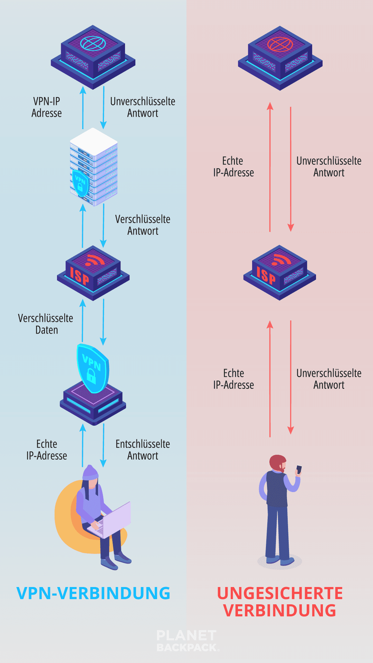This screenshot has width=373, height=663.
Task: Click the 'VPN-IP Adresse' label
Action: pyautogui.click(x=46, y=107)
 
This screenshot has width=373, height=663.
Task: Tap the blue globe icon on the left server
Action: pyautogui.click(x=93, y=44)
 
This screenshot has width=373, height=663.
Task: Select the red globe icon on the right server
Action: pyautogui.click(x=280, y=44)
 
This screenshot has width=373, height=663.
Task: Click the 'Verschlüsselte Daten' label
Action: pyautogui.click(x=46, y=324)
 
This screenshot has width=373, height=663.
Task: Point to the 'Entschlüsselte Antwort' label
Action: pyautogui.click(x=143, y=450)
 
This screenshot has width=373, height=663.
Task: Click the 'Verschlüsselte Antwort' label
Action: pyautogui.click(x=143, y=225)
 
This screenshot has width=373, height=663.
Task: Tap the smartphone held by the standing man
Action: pyautogui.click(x=299, y=470)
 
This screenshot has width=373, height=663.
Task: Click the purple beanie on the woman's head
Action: pyautogui.click(x=90, y=472)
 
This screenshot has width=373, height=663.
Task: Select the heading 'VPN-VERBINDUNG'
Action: pyautogui.click(x=93, y=593)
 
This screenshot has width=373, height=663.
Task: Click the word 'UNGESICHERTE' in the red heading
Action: pyautogui.click(x=280, y=593)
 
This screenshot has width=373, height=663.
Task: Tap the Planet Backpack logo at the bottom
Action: pyautogui.click(x=186, y=641)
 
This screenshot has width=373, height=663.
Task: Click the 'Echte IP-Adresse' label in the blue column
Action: pyautogui.click(x=47, y=450)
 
